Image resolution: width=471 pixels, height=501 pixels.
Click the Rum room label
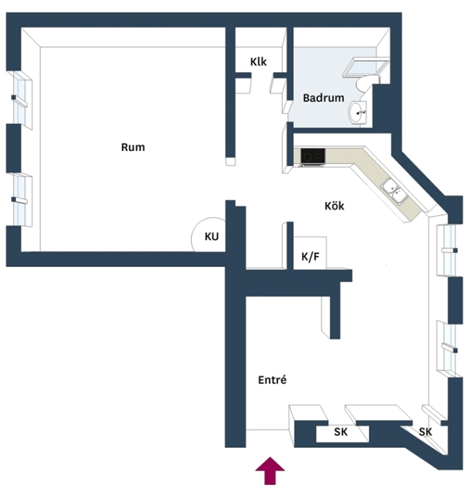[133, 147]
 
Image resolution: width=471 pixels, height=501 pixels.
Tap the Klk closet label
[258, 62]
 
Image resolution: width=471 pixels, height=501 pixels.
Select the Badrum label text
[324, 98]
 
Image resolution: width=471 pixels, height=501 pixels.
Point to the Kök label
[334, 206]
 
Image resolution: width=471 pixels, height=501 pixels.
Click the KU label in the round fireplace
[211, 236]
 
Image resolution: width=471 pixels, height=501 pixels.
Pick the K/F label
[311, 256]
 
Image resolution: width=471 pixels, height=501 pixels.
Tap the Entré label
[272, 380]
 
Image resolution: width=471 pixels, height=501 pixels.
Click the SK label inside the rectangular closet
[340, 432]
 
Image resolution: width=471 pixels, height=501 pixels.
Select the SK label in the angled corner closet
[425, 432]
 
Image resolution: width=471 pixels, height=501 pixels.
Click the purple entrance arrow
[270, 470]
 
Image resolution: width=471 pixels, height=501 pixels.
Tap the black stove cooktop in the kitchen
[313, 155]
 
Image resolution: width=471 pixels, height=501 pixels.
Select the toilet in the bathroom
[364, 85]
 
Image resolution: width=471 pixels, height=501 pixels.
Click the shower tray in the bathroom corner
[366, 67]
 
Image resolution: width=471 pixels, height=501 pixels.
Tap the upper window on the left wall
[20, 99]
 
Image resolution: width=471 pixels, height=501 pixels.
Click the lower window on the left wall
[20, 200]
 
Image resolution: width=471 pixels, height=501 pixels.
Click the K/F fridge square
[310, 253]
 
